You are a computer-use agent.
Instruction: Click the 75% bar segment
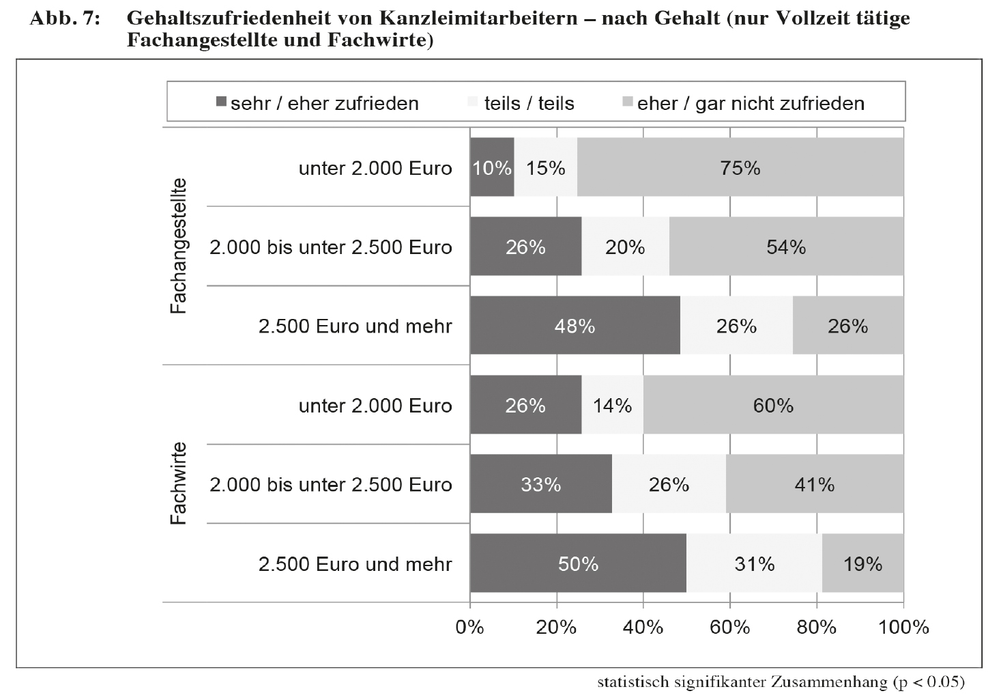click(x=740, y=167)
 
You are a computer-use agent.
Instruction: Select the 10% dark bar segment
click(x=492, y=167)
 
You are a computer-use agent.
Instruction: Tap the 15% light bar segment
click(x=546, y=167)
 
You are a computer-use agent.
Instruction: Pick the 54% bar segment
click(x=786, y=247)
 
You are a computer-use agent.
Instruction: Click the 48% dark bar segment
click(x=575, y=326)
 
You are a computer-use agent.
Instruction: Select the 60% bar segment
click(x=773, y=405)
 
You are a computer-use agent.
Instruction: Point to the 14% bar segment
click(x=612, y=405)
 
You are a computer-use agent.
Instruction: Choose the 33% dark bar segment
click(x=541, y=484)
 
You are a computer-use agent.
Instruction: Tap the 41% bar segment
click(x=814, y=484)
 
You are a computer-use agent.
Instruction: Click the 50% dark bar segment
click(x=578, y=563)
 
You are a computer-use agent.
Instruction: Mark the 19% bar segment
click(x=862, y=563)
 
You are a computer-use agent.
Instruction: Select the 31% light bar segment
click(x=754, y=563)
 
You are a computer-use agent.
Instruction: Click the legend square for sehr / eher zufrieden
click(x=221, y=102)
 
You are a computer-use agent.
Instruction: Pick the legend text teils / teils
click(x=529, y=103)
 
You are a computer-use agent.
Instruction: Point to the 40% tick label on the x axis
click(x=643, y=627)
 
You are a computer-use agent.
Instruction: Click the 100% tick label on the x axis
click(x=903, y=627)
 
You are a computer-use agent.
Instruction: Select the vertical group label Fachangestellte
click(x=178, y=246)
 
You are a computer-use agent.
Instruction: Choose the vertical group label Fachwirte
click(x=178, y=484)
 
